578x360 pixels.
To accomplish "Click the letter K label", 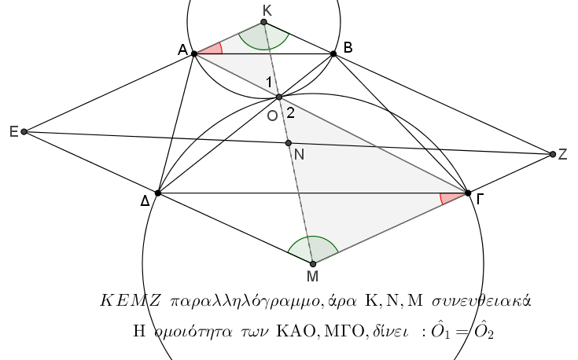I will point(267,9).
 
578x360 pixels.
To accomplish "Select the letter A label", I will point(182,50).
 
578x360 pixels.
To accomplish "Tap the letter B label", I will point(348,48).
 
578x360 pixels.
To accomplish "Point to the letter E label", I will point(13,131).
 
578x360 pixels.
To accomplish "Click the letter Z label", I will point(562,155).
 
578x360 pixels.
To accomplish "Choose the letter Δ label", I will point(145,201).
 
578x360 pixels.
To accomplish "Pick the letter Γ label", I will point(480,199).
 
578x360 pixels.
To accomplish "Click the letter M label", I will point(312,276).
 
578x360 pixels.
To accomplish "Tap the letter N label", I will point(300,155).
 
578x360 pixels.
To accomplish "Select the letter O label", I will point(272,116).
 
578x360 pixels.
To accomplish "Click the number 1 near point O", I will point(268,82).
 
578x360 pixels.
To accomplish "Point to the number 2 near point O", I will point(290,112).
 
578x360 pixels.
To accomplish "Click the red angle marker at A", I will point(213,49).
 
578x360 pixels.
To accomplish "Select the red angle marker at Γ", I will point(451,197).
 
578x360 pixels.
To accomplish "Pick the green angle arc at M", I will point(312,248).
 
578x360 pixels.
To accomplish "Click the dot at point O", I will point(278,97).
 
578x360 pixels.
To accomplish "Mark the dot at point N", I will point(289,143).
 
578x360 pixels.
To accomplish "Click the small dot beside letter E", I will point(24,131).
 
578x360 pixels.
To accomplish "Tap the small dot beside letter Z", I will point(553,154).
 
